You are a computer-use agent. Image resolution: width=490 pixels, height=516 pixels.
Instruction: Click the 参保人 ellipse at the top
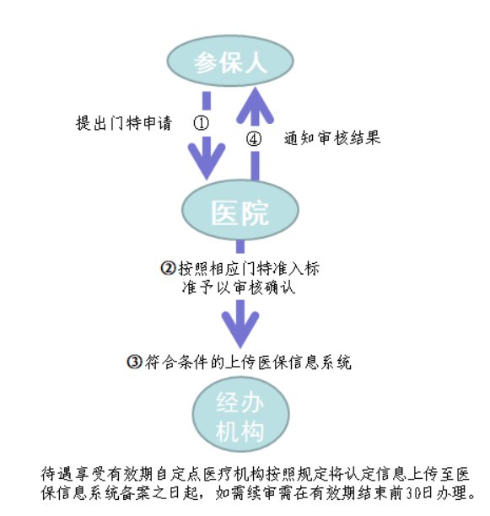click(x=230, y=62)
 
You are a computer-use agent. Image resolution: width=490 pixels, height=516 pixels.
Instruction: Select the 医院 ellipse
click(x=240, y=211)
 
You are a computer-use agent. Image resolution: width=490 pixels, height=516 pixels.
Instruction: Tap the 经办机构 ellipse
click(x=240, y=415)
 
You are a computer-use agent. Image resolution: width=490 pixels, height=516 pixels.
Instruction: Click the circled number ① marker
click(x=201, y=123)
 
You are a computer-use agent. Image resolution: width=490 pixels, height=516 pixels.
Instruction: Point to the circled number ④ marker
click(x=254, y=139)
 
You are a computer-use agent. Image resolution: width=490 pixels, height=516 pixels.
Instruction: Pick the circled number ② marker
click(x=169, y=268)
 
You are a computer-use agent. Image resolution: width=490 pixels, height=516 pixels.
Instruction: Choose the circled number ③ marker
click(x=134, y=362)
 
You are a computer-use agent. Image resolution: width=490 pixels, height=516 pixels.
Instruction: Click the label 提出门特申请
click(x=124, y=123)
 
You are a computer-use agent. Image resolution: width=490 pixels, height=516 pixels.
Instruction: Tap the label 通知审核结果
click(x=332, y=138)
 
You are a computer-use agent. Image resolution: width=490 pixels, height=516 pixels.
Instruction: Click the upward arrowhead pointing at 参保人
click(x=255, y=105)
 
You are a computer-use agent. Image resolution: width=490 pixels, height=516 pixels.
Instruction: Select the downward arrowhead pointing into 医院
click(x=207, y=159)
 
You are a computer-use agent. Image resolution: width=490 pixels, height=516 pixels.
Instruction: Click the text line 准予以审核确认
click(x=239, y=288)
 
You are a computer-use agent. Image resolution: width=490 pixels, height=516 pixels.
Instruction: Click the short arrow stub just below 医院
click(x=240, y=247)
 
